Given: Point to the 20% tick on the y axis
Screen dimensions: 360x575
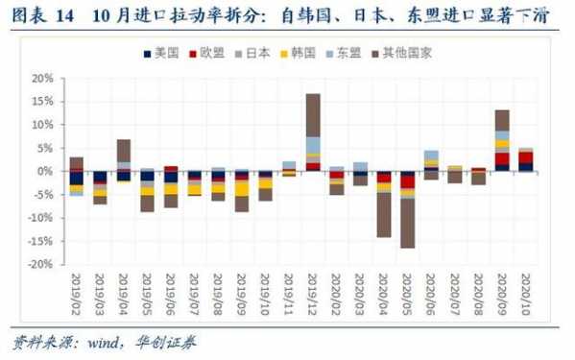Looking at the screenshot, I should click(42, 78).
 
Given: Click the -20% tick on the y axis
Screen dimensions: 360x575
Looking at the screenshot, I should click(39, 264).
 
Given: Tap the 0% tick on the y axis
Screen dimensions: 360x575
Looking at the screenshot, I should click(45, 171).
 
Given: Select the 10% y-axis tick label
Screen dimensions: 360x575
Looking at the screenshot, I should click(42, 125).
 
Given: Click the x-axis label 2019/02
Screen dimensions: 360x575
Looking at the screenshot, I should click(77, 294).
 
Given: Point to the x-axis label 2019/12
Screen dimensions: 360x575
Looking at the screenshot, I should click(313, 294).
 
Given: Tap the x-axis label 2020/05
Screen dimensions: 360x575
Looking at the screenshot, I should click(408, 294).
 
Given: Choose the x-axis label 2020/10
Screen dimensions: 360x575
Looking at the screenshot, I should click(526, 294).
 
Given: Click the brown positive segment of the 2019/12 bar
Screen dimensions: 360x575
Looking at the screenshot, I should click(313, 114).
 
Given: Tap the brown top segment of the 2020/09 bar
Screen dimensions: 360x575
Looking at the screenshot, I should click(502, 120).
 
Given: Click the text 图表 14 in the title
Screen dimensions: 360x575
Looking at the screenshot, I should click(38, 17).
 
